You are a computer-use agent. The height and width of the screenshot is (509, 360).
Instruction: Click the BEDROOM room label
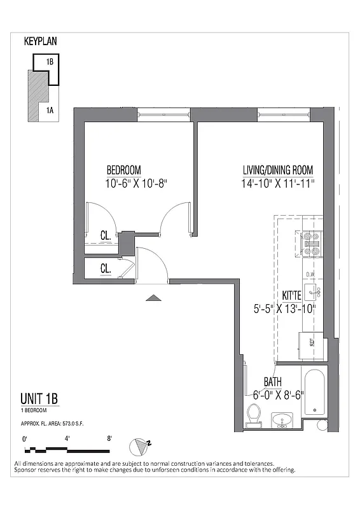[x=123, y=170]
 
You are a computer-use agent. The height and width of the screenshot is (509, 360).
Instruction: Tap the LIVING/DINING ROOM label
[x=278, y=170]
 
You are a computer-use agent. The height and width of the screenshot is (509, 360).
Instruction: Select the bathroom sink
[x=282, y=421]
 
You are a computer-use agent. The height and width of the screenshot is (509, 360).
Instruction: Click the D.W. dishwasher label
[x=311, y=275]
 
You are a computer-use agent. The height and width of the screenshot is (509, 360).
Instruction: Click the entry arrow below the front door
[x=153, y=297]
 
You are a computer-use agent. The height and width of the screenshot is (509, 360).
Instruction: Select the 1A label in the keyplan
[x=49, y=111]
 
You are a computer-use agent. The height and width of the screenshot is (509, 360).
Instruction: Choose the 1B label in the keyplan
[x=49, y=62]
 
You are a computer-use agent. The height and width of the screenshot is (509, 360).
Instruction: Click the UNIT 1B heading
[x=39, y=400]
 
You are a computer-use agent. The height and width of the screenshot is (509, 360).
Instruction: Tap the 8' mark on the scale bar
[x=109, y=438]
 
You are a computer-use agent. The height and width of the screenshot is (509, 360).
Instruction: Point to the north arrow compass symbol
[x=139, y=446]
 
